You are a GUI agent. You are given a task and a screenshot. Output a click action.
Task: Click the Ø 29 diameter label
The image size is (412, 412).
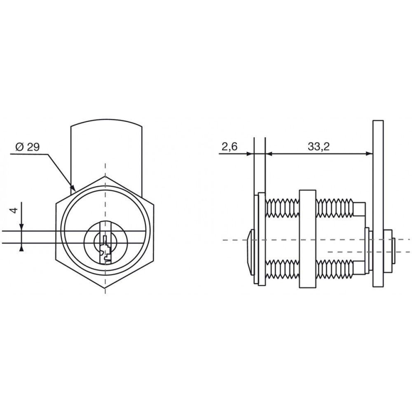point(28,147)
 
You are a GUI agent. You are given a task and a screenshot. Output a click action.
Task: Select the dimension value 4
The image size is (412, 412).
point(15,210)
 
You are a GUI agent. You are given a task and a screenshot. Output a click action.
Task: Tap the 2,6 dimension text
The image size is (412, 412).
point(229,146)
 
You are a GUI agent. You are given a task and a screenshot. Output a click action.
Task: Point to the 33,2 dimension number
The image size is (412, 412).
point(319,146)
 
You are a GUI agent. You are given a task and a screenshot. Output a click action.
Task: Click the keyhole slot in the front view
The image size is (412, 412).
point(105,249)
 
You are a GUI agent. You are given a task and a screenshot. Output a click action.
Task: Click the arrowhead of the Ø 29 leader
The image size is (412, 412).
point(73,188)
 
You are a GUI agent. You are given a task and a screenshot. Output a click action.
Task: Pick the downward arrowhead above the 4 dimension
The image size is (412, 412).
point(21,227)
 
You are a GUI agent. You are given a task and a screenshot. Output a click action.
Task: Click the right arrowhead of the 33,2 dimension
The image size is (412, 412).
point(369,154)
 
